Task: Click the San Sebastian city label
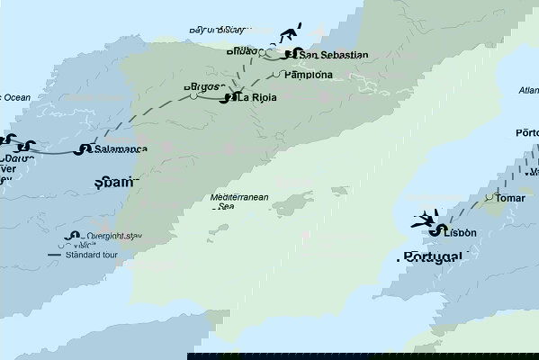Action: coord(333,55)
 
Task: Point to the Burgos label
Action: coord(201,87)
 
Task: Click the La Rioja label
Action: coord(264,98)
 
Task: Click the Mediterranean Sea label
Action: coord(234,201)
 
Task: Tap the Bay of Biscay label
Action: coord(217,30)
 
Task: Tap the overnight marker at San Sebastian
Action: coord(290,54)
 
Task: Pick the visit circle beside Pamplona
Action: coord(282,75)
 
